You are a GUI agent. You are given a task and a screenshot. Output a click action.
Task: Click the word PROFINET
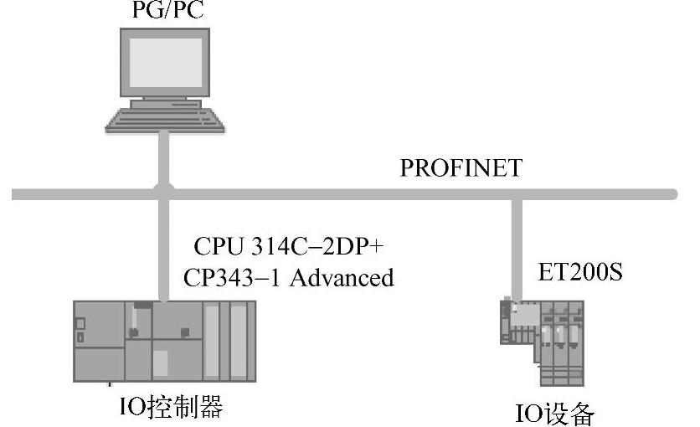461,167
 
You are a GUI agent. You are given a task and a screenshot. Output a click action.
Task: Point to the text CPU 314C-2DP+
288,246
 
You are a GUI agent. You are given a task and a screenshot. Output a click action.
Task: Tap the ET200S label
579,274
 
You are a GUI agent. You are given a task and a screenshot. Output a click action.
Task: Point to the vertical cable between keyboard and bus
165,159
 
